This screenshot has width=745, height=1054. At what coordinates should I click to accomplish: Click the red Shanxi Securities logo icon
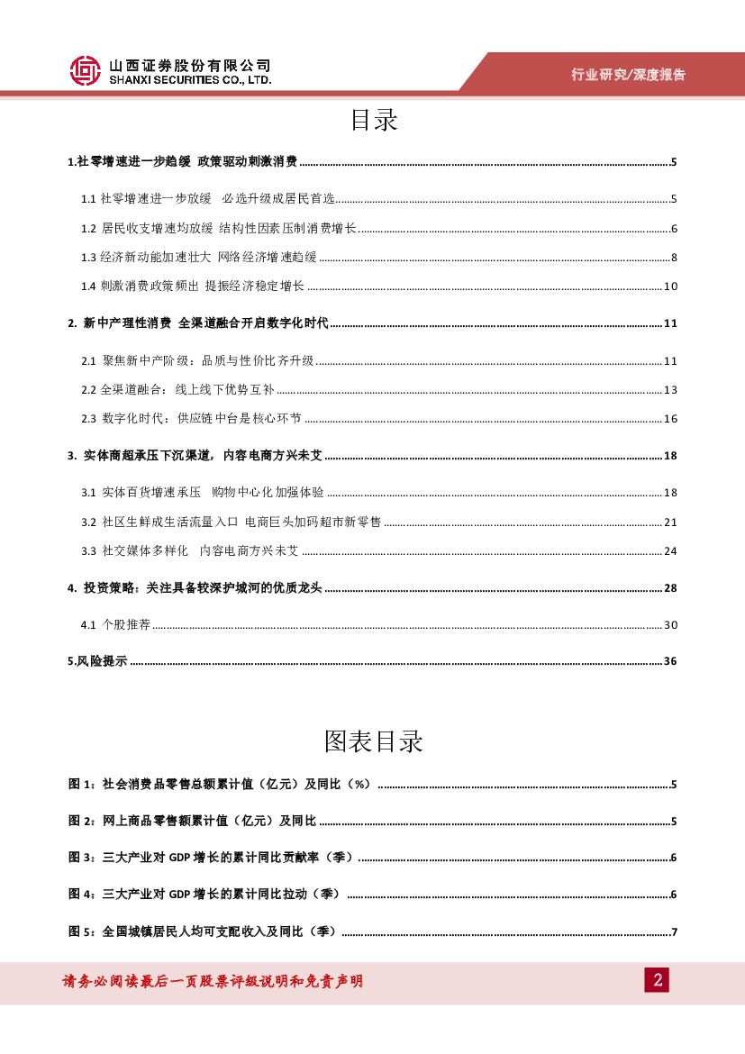click(x=86, y=71)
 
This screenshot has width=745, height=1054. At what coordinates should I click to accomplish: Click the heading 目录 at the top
click(x=373, y=121)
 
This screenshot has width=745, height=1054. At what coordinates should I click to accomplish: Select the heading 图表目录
click(x=373, y=741)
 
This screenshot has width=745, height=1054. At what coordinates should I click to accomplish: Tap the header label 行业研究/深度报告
click(x=628, y=75)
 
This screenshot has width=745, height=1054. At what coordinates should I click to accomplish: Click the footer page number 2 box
click(x=656, y=980)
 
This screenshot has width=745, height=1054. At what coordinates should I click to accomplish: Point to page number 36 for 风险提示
click(x=669, y=662)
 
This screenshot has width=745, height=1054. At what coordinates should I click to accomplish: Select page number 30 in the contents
click(x=669, y=625)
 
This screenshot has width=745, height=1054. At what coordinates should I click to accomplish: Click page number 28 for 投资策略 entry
click(x=669, y=588)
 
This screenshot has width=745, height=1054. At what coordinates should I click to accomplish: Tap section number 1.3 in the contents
click(x=88, y=258)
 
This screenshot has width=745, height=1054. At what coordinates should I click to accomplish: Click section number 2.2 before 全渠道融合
click(x=88, y=390)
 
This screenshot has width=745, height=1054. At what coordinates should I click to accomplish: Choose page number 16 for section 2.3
click(x=669, y=419)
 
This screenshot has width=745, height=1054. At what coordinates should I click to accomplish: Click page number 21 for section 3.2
click(x=669, y=522)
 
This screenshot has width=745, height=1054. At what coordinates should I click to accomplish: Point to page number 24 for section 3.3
click(x=669, y=551)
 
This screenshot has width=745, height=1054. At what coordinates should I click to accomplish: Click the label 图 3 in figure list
click(x=80, y=858)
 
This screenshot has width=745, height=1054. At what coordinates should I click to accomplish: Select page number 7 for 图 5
click(x=673, y=931)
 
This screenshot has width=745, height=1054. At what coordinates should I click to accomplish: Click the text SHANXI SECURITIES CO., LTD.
click(x=189, y=80)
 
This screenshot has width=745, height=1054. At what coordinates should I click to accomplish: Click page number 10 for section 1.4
click(x=669, y=286)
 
